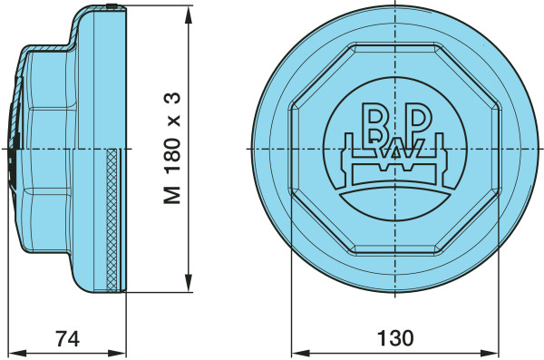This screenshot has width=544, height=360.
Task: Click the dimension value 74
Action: pos(68,338)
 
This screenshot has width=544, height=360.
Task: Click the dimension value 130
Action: pos(395,338)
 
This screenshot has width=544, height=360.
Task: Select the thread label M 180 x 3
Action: pos(172,148)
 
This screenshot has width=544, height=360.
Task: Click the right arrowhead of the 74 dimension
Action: pos(117,354)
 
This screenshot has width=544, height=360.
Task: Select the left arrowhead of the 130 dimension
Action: pos(300,354)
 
